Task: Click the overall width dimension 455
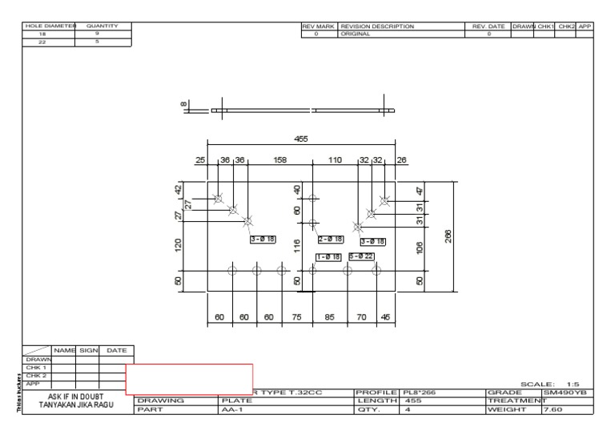coord(300,139)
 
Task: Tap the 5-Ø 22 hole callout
coord(361,256)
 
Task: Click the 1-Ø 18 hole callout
coord(329,256)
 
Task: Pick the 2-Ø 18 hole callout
coord(331,239)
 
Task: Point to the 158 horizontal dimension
coord(280,160)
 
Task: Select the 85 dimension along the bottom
coord(329,316)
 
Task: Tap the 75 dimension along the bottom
coord(297,316)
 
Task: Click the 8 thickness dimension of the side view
coord(183,104)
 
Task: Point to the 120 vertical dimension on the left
coord(179,244)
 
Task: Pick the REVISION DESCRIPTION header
coord(377,26)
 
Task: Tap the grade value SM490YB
coord(566,392)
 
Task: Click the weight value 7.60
coord(552,409)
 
